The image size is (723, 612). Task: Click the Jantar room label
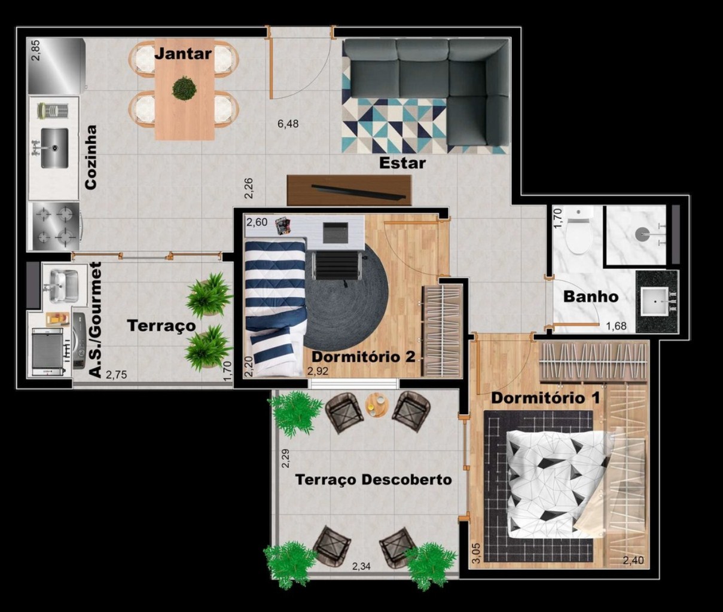(x=183, y=53)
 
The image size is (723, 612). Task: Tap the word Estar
(x=402, y=163)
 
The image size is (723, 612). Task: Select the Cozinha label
(x=91, y=158)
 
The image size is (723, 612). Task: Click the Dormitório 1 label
(x=545, y=398)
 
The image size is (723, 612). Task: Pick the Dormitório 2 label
(x=364, y=357)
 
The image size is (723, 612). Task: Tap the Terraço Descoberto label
(x=374, y=479)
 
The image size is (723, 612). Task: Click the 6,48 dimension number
(x=288, y=124)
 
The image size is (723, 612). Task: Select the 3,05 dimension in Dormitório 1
(x=476, y=553)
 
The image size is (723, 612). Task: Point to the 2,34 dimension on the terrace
(x=361, y=566)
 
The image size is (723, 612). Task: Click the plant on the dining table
(x=184, y=89)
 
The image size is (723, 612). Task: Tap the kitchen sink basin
(x=54, y=148)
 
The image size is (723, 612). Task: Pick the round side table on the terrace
(x=377, y=405)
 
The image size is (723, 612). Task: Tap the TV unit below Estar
(x=349, y=191)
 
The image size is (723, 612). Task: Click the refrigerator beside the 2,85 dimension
(x=57, y=66)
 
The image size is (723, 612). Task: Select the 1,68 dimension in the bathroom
(x=616, y=326)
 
